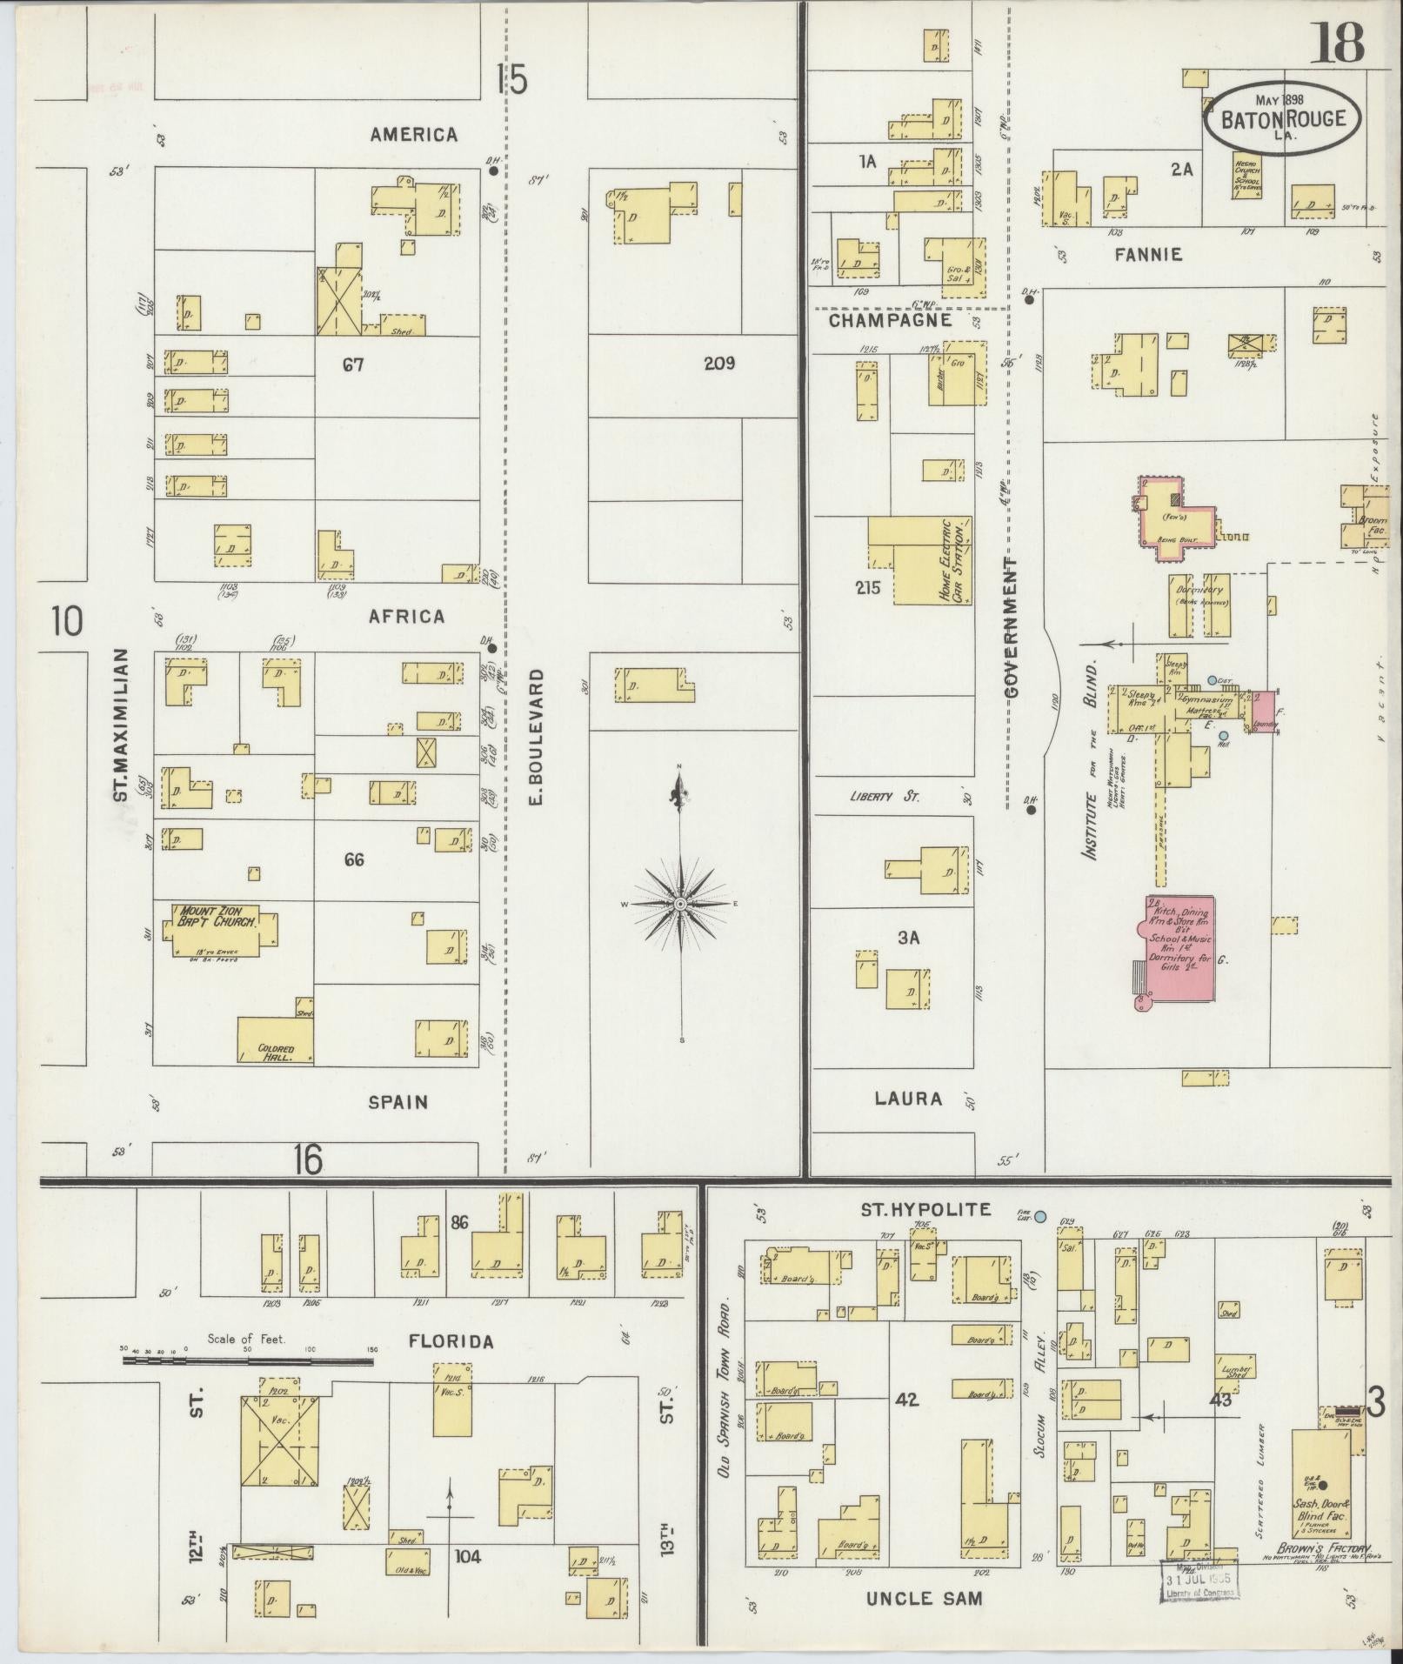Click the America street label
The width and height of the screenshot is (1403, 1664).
pyautogui.click(x=413, y=135)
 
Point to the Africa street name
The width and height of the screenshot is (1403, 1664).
pyautogui.click(x=406, y=616)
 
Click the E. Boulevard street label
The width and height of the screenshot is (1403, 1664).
pyautogui.click(x=535, y=736)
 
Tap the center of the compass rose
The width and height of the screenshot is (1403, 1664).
pyautogui.click(x=681, y=905)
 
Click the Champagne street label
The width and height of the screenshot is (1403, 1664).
pyautogui.click(x=890, y=320)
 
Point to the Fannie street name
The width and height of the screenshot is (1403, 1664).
pyautogui.click(x=1150, y=255)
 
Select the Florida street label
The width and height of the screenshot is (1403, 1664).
pyautogui.click(x=451, y=1342)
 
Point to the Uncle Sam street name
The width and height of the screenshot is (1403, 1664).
pyautogui.click(x=924, y=1598)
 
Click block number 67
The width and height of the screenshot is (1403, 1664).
pyautogui.click(x=352, y=365)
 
